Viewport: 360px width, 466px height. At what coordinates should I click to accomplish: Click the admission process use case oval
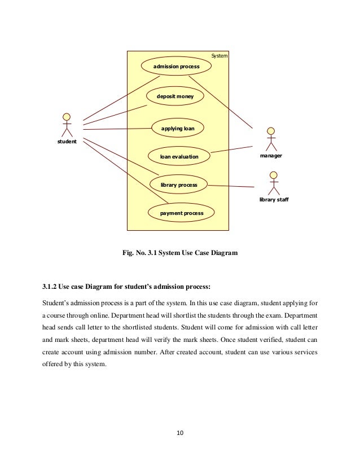click(x=177, y=66)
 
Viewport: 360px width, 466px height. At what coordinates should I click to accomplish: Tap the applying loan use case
click(x=177, y=129)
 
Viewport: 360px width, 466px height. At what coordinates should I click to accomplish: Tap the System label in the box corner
click(x=219, y=56)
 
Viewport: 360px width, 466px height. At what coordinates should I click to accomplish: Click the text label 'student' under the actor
click(x=67, y=142)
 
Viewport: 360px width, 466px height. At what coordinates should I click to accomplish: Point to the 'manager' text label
click(x=271, y=155)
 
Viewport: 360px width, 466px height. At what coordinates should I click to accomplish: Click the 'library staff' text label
click(x=274, y=200)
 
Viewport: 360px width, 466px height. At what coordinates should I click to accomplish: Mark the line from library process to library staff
click(x=231, y=186)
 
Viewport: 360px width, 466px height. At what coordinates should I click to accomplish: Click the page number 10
click(x=180, y=433)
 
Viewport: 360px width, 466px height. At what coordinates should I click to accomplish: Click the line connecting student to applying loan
click(x=118, y=129)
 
